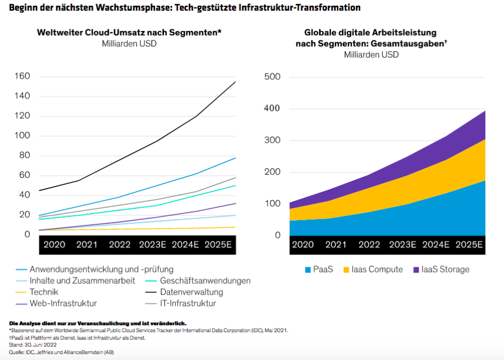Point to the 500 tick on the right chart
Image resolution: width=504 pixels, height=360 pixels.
273,77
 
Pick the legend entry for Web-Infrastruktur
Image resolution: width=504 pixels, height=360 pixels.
63,304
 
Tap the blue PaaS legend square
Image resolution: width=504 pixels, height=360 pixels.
308,269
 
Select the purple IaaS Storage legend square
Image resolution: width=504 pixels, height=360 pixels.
416,269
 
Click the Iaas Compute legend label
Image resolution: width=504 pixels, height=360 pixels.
377,269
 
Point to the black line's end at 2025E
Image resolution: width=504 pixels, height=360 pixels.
235,82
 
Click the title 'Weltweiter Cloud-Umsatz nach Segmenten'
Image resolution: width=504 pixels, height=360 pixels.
129,33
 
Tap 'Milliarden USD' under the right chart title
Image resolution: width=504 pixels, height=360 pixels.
371,55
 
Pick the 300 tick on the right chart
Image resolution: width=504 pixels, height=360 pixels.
273,140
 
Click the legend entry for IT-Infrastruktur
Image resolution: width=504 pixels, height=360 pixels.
187,304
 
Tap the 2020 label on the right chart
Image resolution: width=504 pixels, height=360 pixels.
303,245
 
